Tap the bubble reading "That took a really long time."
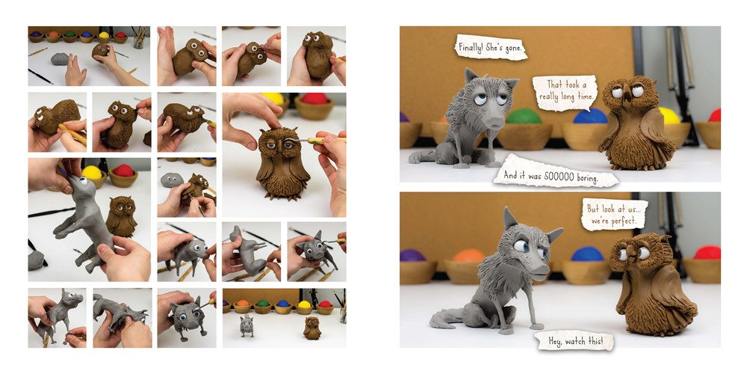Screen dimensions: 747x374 click(x=565, y=93)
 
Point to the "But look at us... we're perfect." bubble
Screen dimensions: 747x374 click(x=615, y=215)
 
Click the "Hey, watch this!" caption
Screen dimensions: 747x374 click(x=574, y=340)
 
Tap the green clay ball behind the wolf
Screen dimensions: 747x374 click(x=524, y=116)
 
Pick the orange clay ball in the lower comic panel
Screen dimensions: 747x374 click(x=468, y=256)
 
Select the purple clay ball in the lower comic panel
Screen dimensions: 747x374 click(x=412, y=255)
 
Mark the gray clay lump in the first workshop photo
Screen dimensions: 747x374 click(x=60, y=58)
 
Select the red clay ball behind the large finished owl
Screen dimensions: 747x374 click(x=314, y=99)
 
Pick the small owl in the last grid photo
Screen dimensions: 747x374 click(x=312, y=328)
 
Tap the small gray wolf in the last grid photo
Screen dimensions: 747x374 click(x=247, y=327)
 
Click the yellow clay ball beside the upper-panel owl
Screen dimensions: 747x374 click(x=669, y=115)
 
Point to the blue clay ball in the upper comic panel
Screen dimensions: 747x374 click(x=590, y=116)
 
